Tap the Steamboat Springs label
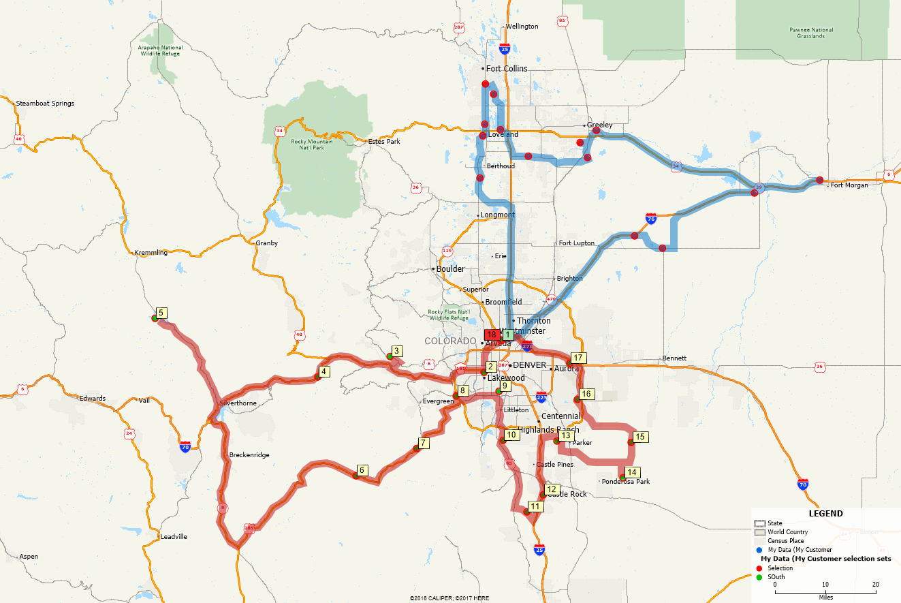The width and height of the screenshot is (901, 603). tap(45, 104)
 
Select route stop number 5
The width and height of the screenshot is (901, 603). tap(161, 313)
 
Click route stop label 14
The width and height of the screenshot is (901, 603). tap(632, 472)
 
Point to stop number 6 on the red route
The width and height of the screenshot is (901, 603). tap(362, 470)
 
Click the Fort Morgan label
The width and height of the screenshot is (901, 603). tap(847, 185)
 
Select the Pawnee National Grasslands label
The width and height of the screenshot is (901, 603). tap(811, 33)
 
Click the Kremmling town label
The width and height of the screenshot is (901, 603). tap(151, 253)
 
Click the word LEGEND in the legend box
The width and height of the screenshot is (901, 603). tap(825, 514)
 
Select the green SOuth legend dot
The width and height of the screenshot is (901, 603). tap(759, 577)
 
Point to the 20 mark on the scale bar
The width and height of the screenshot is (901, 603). tap(876, 585)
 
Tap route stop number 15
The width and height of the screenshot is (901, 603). tap(639, 437)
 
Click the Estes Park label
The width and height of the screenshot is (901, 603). tap(384, 142)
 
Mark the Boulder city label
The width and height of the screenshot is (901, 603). tap(450, 268)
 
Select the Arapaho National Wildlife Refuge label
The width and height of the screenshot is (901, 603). tap(159, 50)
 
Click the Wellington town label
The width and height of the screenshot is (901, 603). tap(522, 27)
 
